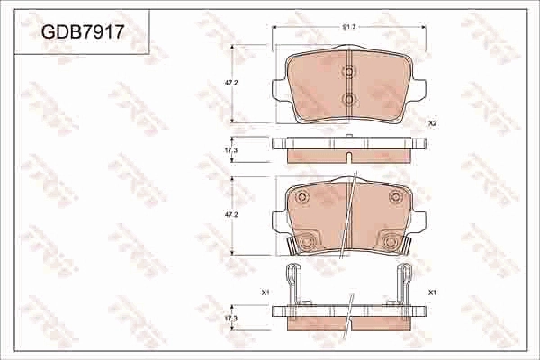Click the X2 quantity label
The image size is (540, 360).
coord(433,123)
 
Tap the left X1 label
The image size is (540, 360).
coord(265,292)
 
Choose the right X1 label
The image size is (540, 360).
coord(433,292)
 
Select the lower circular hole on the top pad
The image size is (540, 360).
coord(349,98)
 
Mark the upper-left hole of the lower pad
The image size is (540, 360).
coord(302,197)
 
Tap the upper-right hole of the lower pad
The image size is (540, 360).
coord(394,197)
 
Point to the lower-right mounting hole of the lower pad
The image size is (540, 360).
coord(390,241)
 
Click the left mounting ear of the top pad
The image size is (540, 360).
coord(278,87)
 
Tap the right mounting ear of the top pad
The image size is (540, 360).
coord(419,87)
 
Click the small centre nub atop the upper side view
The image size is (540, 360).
coord(348,137)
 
